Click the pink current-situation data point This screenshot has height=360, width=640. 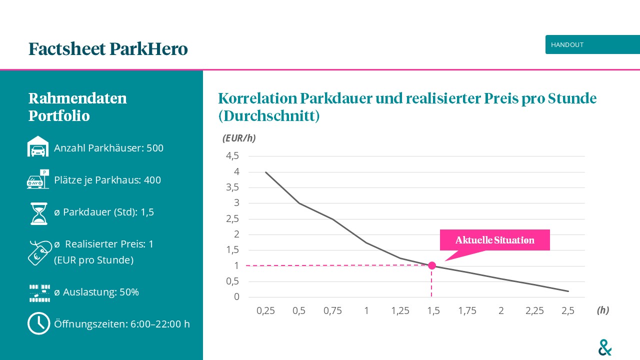click(432, 265)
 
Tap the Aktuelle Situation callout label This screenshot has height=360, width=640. click(494, 240)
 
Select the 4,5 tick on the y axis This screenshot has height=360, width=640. click(233, 156)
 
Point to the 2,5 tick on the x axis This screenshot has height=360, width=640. click(568, 310)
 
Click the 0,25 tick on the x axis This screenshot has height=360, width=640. click(265, 310)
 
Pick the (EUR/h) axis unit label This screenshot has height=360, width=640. click(239, 138)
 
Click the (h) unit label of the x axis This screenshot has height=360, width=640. click(603, 310)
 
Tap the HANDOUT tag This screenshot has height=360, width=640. click(567, 44)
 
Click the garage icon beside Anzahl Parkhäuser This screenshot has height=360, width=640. click(38, 147)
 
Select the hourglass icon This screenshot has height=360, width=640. click(38, 213)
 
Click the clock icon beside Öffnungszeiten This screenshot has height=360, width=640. click(38, 323)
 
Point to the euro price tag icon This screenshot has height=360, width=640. click(39, 252)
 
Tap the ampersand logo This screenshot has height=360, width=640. click(605, 347)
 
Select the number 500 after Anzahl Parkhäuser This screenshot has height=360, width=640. click(155, 148)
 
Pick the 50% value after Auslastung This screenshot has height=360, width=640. click(129, 292)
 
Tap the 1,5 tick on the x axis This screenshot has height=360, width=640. click(433, 310)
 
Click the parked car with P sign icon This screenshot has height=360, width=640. click(38, 179)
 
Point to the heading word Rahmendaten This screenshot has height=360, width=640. click(77, 98)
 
